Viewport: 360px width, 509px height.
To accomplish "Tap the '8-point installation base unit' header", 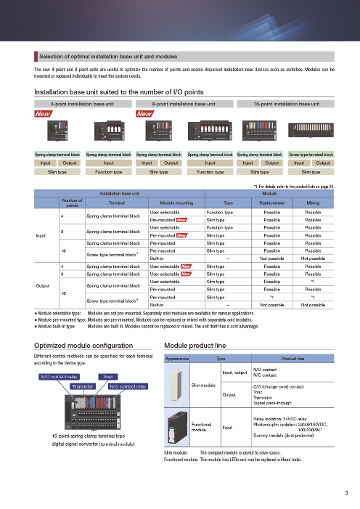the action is (184, 105).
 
